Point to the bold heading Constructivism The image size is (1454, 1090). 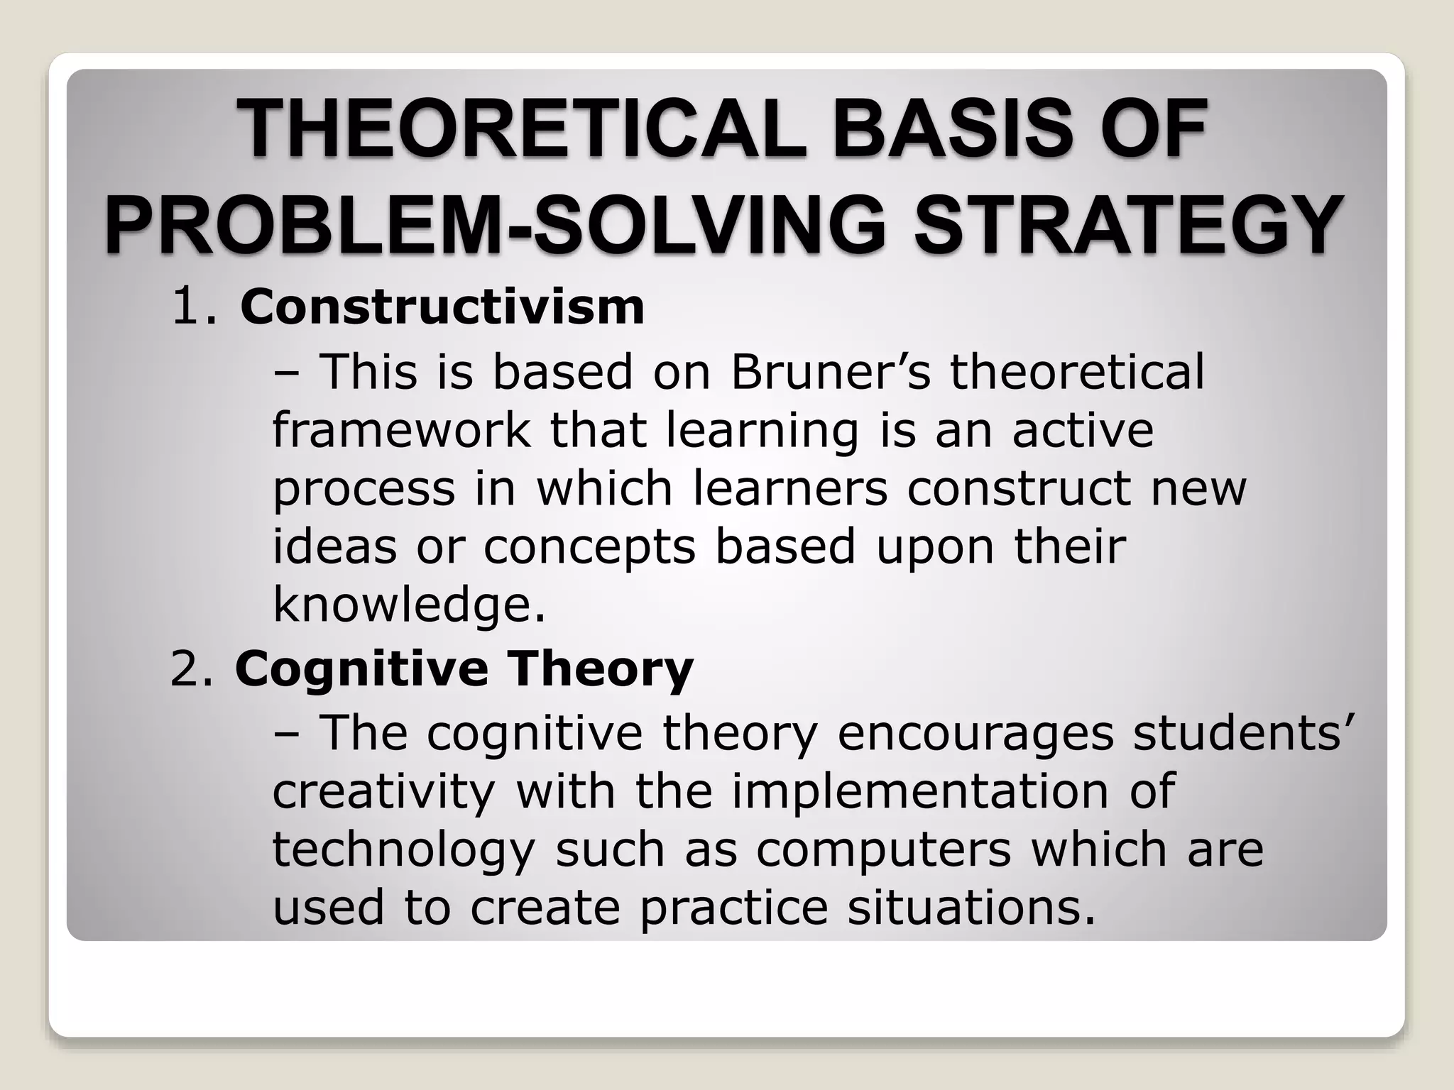click(442, 307)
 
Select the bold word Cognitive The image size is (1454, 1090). click(361, 670)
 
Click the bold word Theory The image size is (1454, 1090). click(600, 670)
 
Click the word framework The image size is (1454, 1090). click(401, 430)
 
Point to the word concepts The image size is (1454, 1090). click(589, 548)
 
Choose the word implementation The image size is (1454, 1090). click(920, 791)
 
